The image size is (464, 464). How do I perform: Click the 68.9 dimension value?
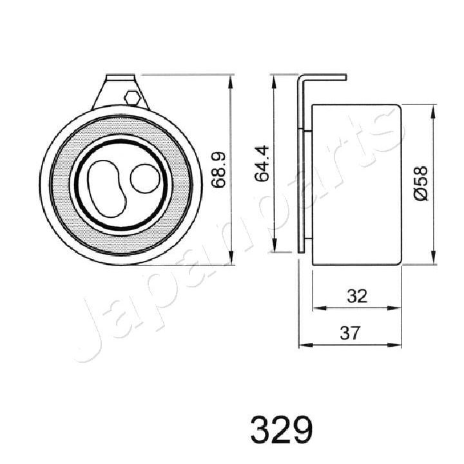pyautogui.click(x=218, y=169)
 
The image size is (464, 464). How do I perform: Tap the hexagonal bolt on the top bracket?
pyautogui.click(x=131, y=98)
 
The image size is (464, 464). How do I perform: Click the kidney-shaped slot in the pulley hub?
pyautogui.click(x=105, y=188)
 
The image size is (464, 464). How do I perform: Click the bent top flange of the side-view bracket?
pyautogui.click(x=322, y=77)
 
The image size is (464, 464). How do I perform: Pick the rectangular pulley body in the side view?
pyautogui.click(x=356, y=184)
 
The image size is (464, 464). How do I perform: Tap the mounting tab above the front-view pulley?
pyautogui.click(x=119, y=90)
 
